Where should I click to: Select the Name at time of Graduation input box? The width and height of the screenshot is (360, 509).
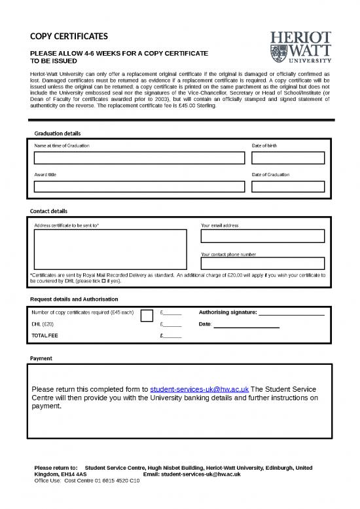click(139, 158)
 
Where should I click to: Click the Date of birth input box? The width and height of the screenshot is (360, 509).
click(288, 158)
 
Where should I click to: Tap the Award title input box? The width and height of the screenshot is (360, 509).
click(139, 187)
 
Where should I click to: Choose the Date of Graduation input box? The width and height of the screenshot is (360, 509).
click(288, 187)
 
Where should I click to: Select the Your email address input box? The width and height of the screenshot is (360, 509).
click(262, 236)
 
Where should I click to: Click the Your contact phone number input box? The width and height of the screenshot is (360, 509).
click(262, 263)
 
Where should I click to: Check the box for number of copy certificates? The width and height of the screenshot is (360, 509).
click(147, 316)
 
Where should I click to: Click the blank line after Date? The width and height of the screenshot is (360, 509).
click(247, 326)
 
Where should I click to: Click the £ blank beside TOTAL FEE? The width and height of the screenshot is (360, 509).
click(172, 337)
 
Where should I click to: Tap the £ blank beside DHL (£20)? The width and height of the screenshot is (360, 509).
click(172, 325)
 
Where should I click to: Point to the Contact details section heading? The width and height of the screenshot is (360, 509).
click(48, 211)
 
